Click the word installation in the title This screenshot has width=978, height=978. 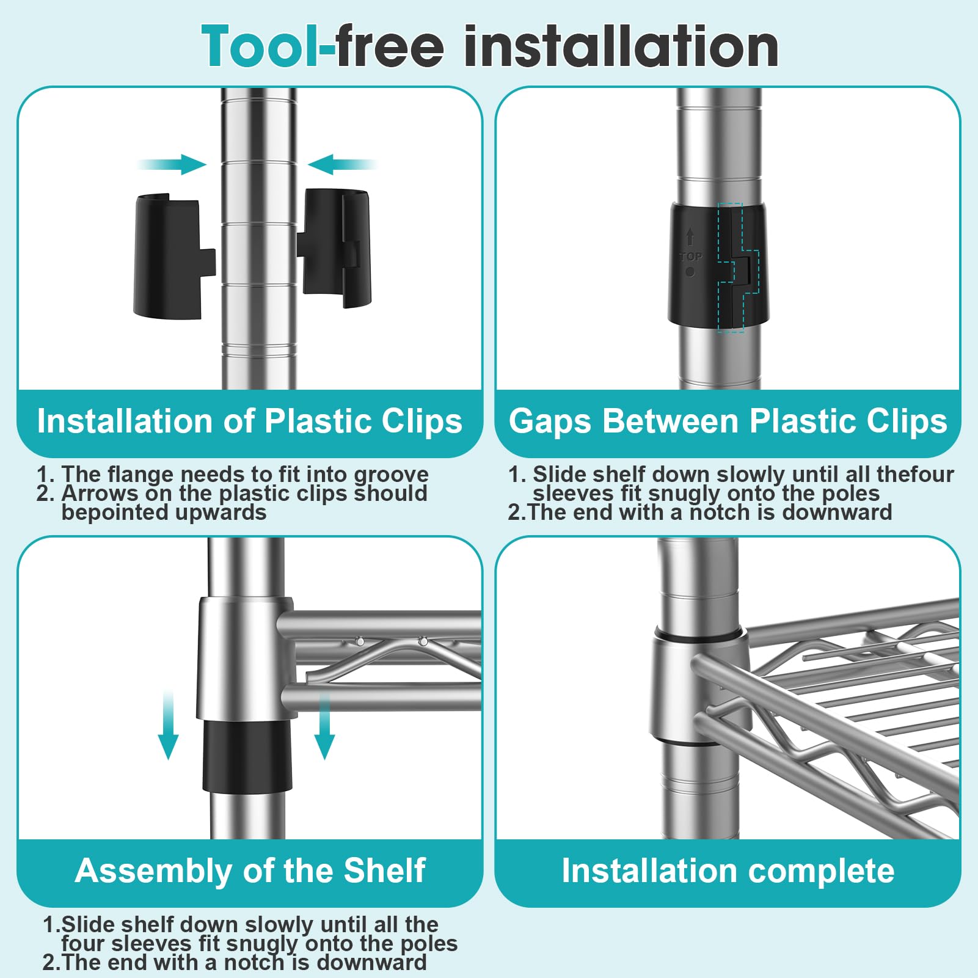coord(621,46)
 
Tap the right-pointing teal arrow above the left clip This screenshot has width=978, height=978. coord(172,164)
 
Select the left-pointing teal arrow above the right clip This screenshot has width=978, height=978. coord(343,164)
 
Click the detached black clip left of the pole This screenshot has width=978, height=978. coord(173,257)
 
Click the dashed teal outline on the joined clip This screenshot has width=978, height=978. coord(739,267)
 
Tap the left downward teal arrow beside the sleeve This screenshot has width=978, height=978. coord(168,726)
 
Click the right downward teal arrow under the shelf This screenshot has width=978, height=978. coord(324,726)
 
